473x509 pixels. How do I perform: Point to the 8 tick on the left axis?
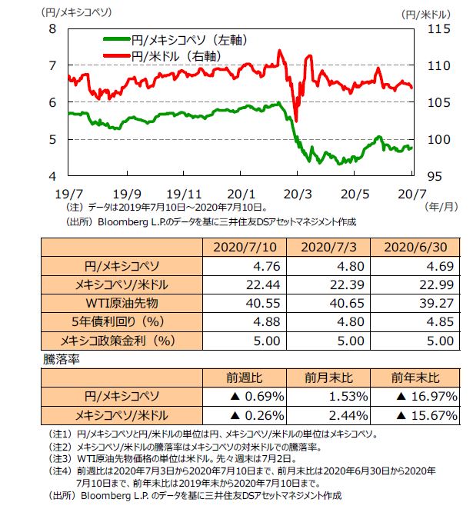pyautogui.click(x=54, y=28)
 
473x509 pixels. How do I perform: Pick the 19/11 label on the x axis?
pyautogui.click(x=183, y=193)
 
